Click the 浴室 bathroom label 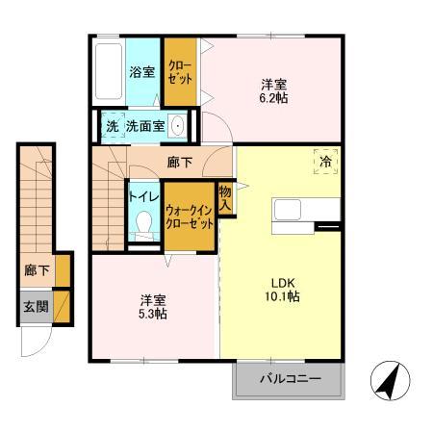point(142,70)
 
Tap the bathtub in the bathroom point(109,73)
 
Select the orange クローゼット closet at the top point(180,71)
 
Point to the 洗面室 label point(145,126)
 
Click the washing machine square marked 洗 point(112,126)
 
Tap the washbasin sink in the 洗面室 point(178,125)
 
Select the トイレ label point(144,196)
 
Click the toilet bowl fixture point(144,225)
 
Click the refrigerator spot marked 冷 point(325,162)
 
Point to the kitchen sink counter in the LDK point(306,209)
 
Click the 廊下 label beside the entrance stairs point(36,270)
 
